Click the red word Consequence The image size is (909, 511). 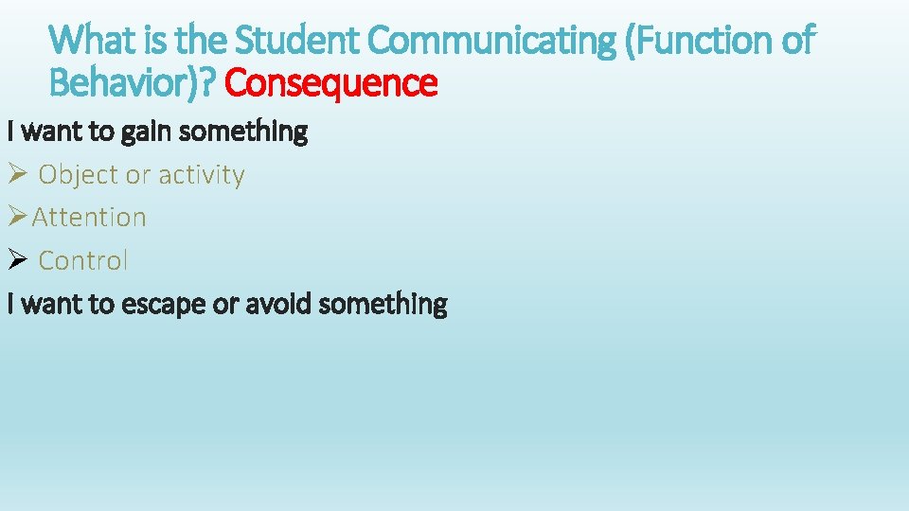331,84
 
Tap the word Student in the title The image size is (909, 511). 297,41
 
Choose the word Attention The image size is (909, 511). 90,218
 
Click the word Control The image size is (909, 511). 83,261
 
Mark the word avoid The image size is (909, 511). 279,304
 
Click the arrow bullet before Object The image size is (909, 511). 19,174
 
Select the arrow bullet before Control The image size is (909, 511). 19,260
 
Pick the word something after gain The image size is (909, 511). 243,132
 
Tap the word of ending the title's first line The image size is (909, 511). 795,41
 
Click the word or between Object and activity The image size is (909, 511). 139,175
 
